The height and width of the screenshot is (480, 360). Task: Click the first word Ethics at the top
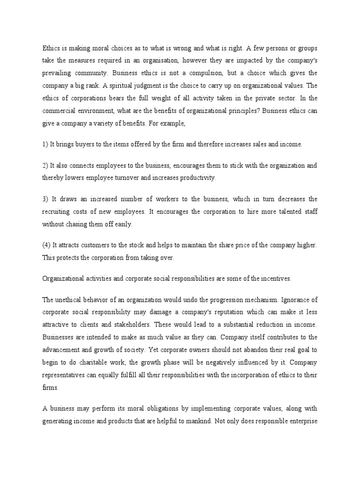pos(51,47)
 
